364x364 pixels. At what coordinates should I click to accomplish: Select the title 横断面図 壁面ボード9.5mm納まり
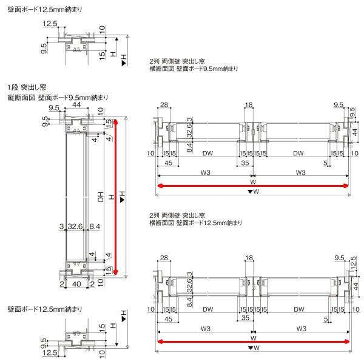[194, 69]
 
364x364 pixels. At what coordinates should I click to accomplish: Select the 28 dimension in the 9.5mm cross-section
[164, 105]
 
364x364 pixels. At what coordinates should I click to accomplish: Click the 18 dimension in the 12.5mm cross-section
[249, 259]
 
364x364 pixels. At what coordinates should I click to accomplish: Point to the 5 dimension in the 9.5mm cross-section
[326, 163]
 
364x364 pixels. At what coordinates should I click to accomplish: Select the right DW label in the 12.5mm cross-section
[298, 308]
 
